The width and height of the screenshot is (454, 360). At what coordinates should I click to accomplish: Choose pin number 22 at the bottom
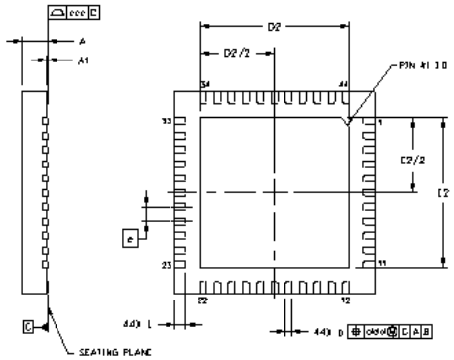pyautogui.click(x=203, y=299)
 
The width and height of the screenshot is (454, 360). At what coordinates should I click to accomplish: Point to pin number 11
pyautogui.click(x=382, y=265)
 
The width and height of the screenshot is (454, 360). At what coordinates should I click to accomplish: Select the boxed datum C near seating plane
pyautogui.click(x=29, y=324)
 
